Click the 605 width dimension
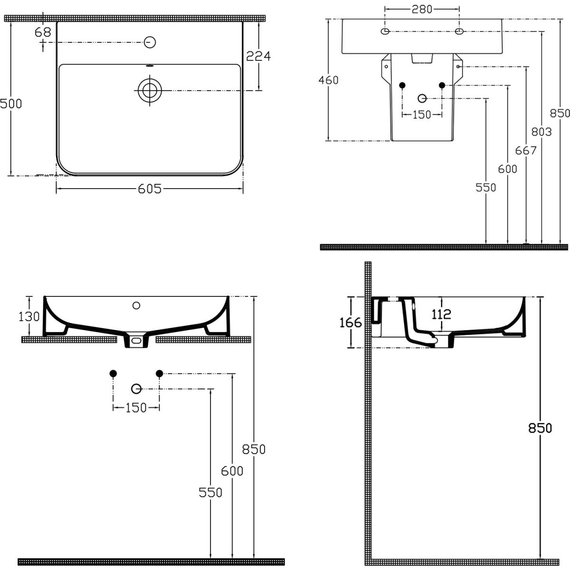pos(150,190)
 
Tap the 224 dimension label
pos(259,56)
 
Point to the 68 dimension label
pos(43,32)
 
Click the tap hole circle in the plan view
pos(150,42)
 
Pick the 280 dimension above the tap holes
pos(422,9)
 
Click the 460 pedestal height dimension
pos(328,80)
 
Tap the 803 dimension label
pos(541,132)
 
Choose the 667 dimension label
pos(526,151)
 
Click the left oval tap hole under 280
pos(385,31)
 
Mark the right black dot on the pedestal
pos(442,85)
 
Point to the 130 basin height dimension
pos(29,316)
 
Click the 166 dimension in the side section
pos(351,323)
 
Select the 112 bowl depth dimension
pos(441,314)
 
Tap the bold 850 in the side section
pos(541,428)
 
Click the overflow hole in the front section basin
pos(137,305)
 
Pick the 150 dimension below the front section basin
pos(136,408)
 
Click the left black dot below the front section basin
pos(113,373)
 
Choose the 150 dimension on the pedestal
pos(422,114)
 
